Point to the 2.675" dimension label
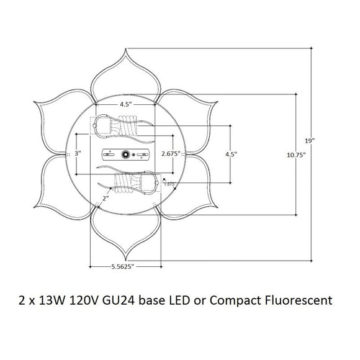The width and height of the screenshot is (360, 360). coord(170,153)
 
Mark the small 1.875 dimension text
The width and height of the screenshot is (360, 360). coord(168,184)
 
